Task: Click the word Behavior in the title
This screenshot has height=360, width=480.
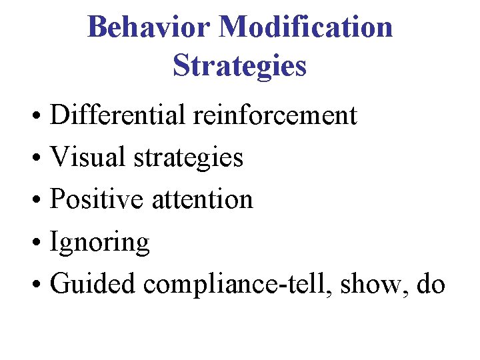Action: pyautogui.click(x=148, y=27)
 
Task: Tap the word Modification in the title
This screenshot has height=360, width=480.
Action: pyautogui.click(x=305, y=27)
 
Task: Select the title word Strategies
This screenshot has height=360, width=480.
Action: pyautogui.click(x=239, y=65)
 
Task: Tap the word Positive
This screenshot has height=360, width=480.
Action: pyautogui.click(x=97, y=199)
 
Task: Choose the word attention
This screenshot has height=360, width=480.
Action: pyautogui.click(x=203, y=200)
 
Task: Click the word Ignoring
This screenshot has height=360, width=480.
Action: pyautogui.click(x=100, y=242)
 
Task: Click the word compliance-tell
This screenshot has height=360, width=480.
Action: pyautogui.click(x=237, y=285)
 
